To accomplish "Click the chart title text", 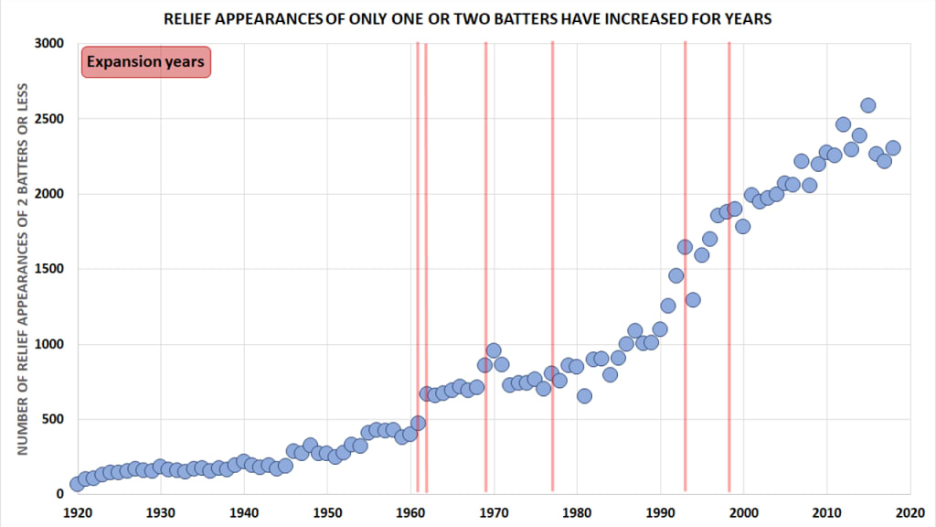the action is [x=467, y=18].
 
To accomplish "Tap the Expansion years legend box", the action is [x=146, y=61].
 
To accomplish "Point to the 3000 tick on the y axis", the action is [x=49, y=43].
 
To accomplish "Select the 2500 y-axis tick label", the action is [x=49, y=118].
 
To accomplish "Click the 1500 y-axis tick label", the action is [x=49, y=269].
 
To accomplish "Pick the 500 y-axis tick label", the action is [x=52, y=419].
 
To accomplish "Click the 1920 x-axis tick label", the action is [x=78, y=512].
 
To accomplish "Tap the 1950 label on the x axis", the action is [x=328, y=512].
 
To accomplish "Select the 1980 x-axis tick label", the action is [x=578, y=512].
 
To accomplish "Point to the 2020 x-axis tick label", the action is [x=910, y=512].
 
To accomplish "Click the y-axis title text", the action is [x=23, y=269].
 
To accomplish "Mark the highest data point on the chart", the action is [x=868, y=106].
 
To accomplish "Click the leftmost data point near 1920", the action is [x=77, y=484].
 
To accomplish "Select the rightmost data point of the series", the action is [x=893, y=148].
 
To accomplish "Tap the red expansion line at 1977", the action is [x=553, y=266].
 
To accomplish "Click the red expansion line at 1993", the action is [x=686, y=266].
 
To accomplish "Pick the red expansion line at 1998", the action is [x=729, y=266].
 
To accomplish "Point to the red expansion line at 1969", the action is [x=486, y=266].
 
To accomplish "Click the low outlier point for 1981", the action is [x=584, y=395].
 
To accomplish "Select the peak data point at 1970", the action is [x=493, y=350].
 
